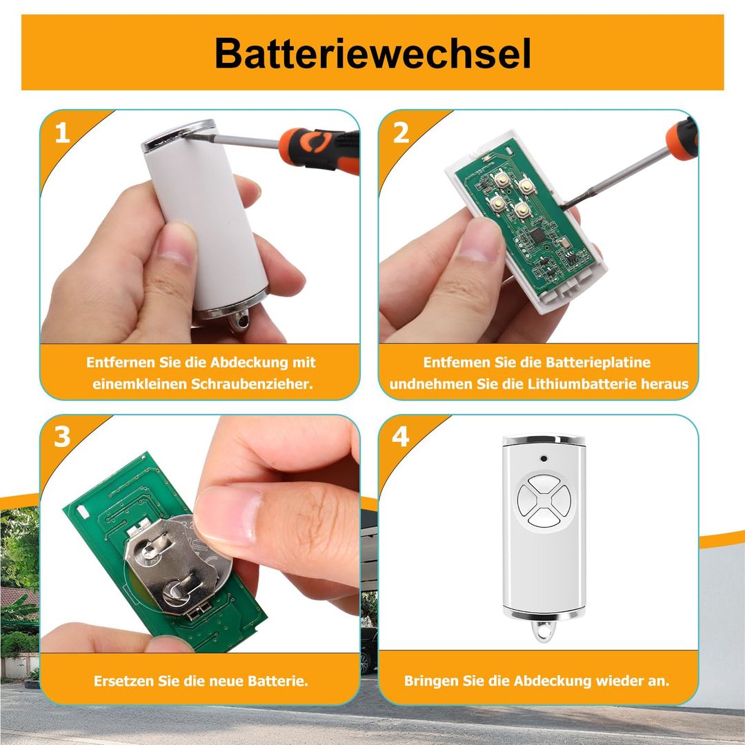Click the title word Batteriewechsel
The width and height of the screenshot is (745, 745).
coord(372,52)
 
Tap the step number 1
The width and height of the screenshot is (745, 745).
coord(62,132)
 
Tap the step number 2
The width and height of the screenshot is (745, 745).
coord(401,132)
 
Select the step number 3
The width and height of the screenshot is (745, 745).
coord(62,437)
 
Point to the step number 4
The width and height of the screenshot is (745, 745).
coord(401,437)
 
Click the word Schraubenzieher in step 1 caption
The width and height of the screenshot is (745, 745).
coord(252,384)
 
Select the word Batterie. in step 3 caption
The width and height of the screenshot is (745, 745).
coord(278,681)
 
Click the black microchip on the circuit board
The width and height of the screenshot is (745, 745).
coord(538,235)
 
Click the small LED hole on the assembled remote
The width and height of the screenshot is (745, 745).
coord(544,459)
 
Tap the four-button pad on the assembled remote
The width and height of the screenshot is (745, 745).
coord(544,499)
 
